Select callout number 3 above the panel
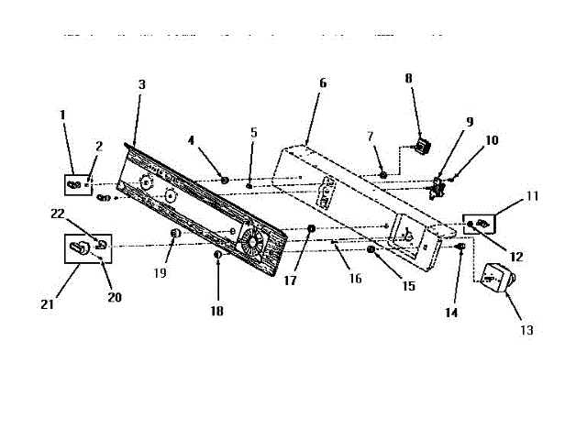tap(141, 84)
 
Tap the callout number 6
tap(323, 82)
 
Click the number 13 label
tap(526, 330)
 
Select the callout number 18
tap(216, 312)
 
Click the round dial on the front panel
tap(249, 243)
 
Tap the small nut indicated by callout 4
tap(224, 180)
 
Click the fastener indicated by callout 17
tap(312, 229)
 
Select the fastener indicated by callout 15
tap(371, 250)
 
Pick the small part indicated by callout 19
tap(174, 236)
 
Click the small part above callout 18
tap(217, 254)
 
